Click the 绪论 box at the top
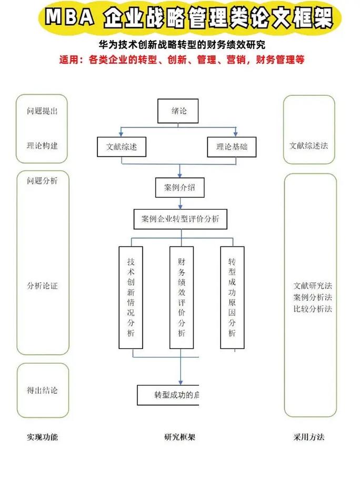coord(178,111)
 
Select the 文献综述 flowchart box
coord(122,147)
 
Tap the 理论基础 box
coord(232,147)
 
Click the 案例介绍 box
coord(180,187)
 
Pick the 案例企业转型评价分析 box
coord(180,219)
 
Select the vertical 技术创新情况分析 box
coord(131,297)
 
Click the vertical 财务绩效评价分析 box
coord(182,297)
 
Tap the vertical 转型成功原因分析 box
coord(232,297)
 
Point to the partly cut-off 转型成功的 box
coord(169,395)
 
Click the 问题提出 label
coord(42,111)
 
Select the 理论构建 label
coord(42,145)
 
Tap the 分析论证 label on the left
coord(42,286)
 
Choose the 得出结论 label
coord(42,390)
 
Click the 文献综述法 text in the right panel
coord(309,145)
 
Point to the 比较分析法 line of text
coord(313,309)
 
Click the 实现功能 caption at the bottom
coord(42,437)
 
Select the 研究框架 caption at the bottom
coord(179,437)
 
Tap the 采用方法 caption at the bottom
coord(309,437)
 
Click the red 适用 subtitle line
coord(181,60)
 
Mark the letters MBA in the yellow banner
coord(69,19)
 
